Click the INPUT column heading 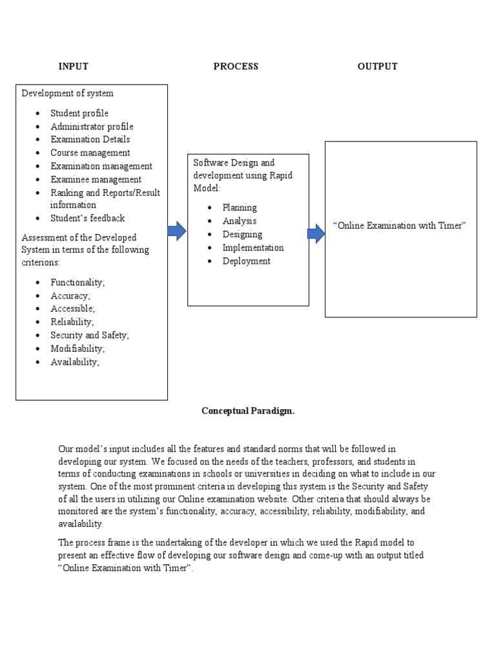73,67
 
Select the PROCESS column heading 236,67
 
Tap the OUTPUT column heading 377,67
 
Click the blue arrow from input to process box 177,231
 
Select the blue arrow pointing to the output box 316,234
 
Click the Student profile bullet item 79,113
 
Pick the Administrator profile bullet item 92,127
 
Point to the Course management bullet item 90,153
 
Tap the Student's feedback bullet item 87,219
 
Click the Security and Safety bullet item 90,336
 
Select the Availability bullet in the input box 75,362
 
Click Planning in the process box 240,208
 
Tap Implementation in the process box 253,248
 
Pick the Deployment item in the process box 246,261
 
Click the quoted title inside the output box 399,226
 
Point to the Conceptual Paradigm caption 248,411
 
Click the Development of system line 67,93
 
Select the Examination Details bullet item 90,140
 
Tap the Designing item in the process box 242,235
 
